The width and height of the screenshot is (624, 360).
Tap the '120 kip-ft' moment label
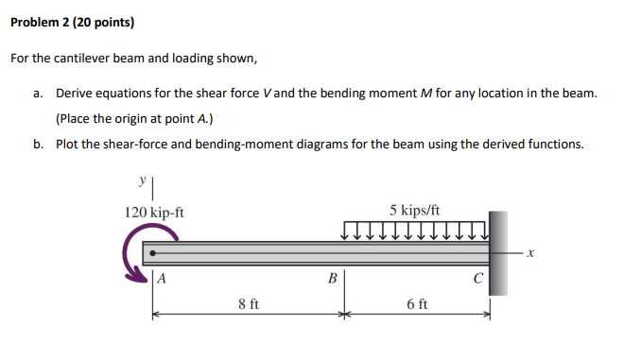pyautogui.click(x=154, y=213)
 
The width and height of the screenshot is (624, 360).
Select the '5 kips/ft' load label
pyautogui.click(x=414, y=210)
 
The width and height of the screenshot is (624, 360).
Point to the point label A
pyautogui.click(x=164, y=279)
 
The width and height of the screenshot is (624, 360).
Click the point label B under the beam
pyautogui.click(x=331, y=279)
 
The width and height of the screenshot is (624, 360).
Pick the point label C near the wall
pyautogui.click(x=480, y=279)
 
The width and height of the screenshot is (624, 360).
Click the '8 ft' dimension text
pyautogui.click(x=249, y=305)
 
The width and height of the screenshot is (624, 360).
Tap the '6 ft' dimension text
pyautogui.click(x=416, y=305)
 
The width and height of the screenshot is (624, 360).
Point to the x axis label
pyautogui.click(x=531, y=253)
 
